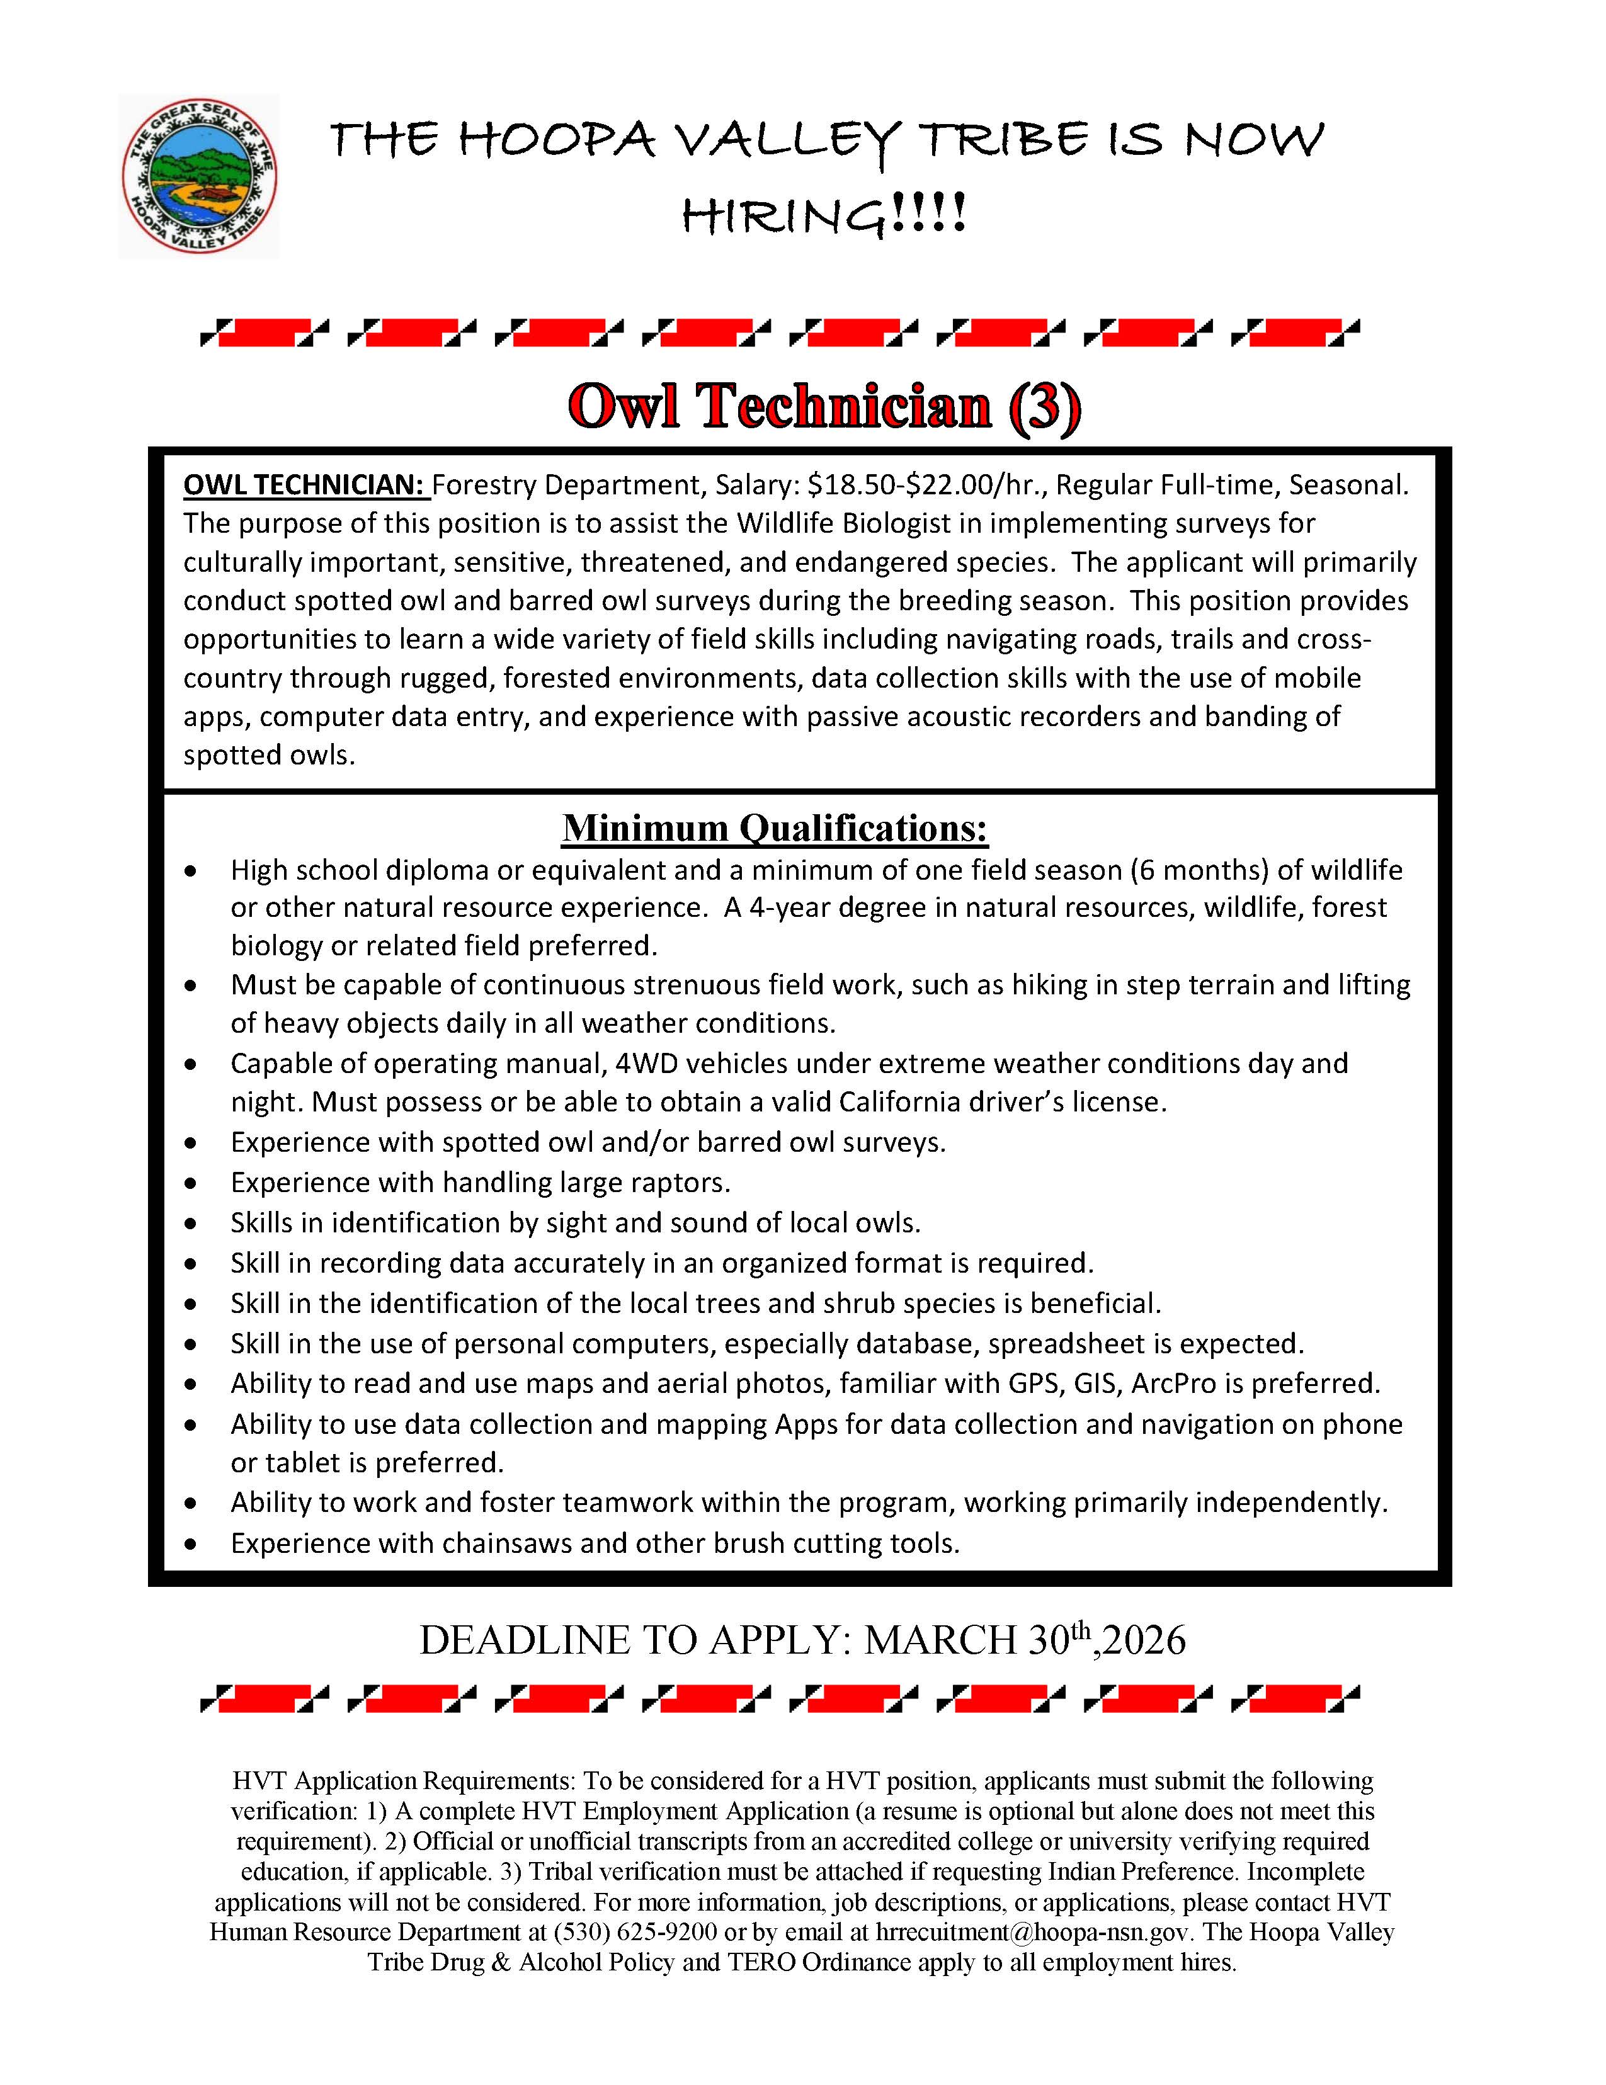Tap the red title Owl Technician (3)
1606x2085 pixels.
(825, 407)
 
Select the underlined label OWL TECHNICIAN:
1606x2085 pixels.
(305, 485)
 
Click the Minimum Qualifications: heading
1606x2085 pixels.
(775, 827)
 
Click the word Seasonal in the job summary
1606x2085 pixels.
(1347, 485)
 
